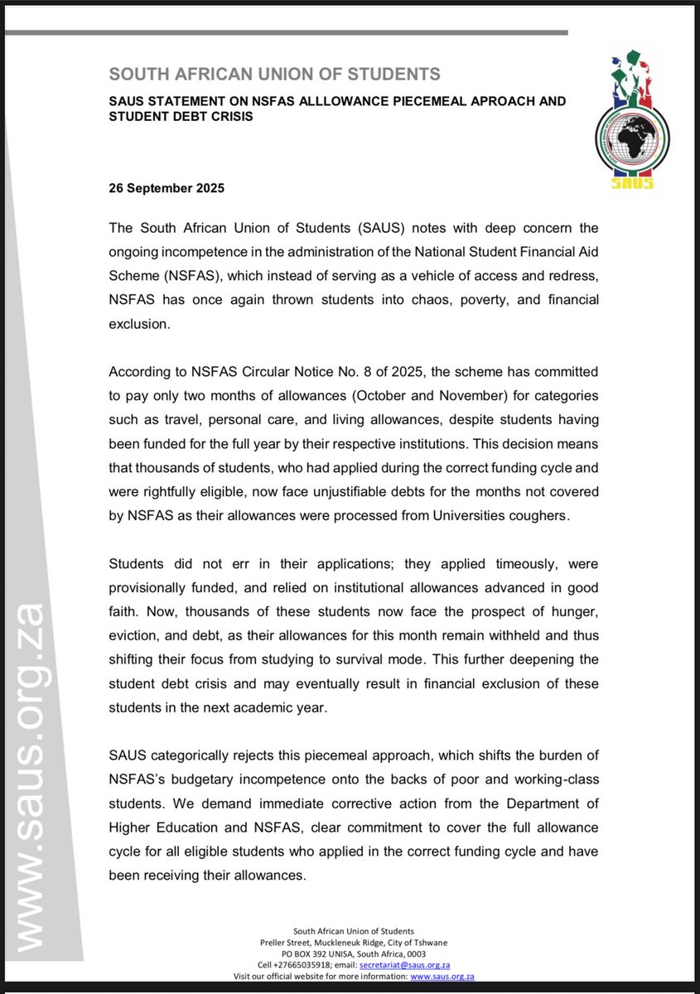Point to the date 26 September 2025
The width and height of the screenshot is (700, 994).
pos(167,188)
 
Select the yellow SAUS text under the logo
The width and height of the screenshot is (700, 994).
pos(633,182)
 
